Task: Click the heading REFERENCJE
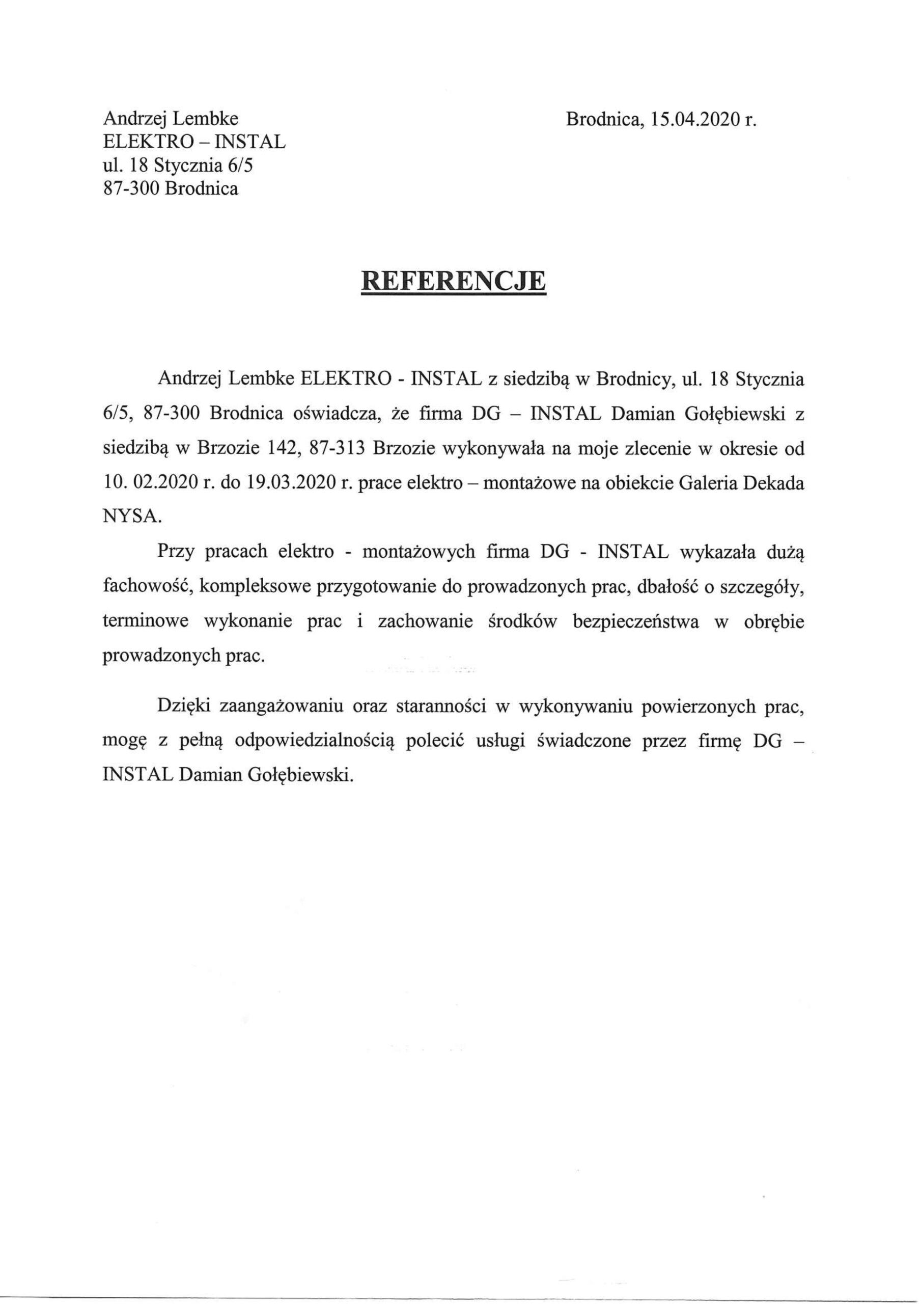[x=454, y=281]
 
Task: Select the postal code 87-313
[x=338, y=448]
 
